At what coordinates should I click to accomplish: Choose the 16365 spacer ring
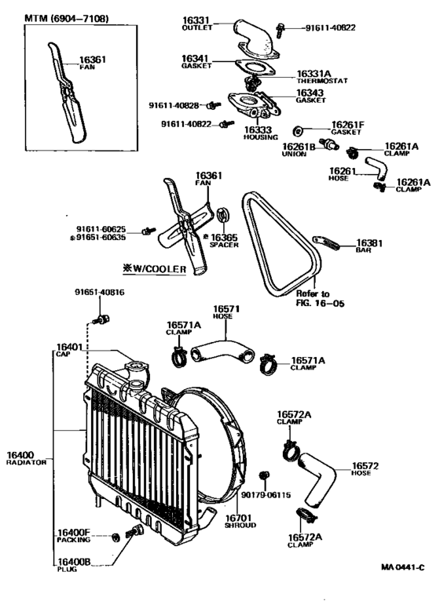[222, 213]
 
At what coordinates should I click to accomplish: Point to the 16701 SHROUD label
[237, 522]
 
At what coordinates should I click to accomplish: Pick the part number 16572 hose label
[365, 465]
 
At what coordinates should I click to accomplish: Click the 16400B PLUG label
[73, 565]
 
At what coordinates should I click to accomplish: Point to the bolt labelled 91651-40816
[101, 319]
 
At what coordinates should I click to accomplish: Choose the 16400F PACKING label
[73, 536]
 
